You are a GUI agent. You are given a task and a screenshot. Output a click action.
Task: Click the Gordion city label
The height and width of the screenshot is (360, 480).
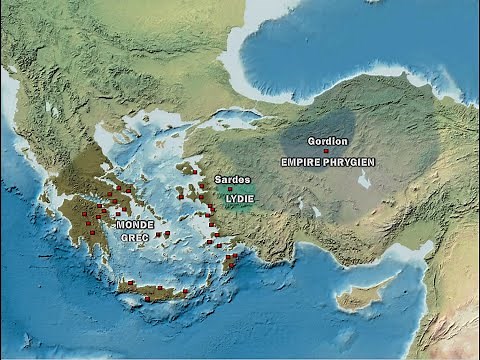coord(328,141)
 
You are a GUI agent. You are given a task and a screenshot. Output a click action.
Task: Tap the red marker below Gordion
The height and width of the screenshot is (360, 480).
coord(326,151)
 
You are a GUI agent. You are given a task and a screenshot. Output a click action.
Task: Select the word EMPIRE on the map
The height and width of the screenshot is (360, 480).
coord(301,161)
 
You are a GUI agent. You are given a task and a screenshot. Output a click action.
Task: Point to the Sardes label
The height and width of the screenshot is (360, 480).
coord(232,179)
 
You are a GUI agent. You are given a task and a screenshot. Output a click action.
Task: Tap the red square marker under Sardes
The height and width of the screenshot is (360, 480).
coord(230,188)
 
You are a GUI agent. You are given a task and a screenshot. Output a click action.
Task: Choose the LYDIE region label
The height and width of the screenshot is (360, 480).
coord(240,198)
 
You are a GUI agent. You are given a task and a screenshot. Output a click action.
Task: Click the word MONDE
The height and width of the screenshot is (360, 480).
coord(135,225)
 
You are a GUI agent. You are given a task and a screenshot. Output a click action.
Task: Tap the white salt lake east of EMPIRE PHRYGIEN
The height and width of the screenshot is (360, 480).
coord(364,180)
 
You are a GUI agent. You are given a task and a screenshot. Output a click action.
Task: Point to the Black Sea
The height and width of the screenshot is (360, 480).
coord(350,45)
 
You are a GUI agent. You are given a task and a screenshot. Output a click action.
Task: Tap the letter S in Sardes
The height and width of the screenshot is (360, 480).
coord(218,179)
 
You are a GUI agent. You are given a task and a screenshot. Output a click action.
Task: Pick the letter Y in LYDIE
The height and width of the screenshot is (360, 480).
coord(235,198)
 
